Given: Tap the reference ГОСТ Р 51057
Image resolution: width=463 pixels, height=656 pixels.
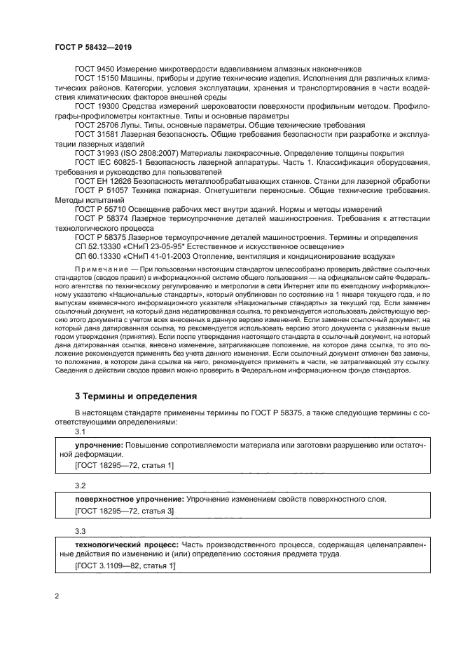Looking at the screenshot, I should (100, 190).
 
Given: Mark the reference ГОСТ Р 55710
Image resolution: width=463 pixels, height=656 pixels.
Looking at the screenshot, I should (100, 209).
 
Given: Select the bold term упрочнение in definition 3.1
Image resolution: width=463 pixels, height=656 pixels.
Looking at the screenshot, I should (99, 446).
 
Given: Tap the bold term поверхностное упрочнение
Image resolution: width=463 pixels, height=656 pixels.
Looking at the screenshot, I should (119, 499).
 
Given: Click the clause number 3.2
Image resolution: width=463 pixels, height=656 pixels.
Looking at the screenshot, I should (80, 486).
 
